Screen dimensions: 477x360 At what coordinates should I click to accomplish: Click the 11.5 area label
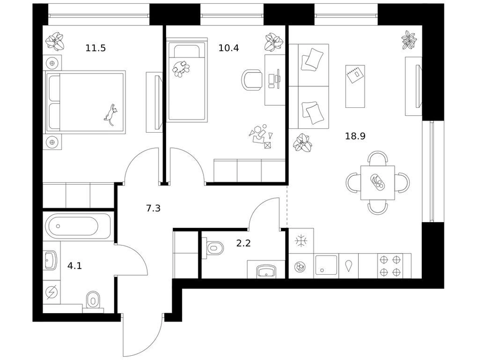[x=96, y=48]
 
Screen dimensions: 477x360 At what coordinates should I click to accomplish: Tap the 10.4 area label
[x=229, y=48]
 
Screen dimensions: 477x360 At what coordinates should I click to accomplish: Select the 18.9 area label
[x=355, y=136]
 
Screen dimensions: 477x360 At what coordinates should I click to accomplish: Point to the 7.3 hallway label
[x=154, y=208]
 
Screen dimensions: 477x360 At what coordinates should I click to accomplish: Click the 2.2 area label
[x=243, y=243]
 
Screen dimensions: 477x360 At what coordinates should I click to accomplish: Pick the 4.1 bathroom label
[x=75, y=266]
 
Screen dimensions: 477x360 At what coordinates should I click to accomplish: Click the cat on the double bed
[x=111, y=115]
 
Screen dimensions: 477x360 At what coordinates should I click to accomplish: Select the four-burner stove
[x=394, y=266]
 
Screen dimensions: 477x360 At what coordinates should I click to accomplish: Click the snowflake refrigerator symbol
[x=301, y=241]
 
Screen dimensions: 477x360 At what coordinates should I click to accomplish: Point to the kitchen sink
[x=327, y=266]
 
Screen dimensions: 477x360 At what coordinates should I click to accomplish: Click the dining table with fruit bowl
[x=378, y=183]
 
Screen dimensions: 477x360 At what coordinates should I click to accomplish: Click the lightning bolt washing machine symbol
[x=52, y=293]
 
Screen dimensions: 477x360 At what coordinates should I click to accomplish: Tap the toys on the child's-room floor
[x=261, y=136]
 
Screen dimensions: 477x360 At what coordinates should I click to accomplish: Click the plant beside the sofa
[x=302, y=143]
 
